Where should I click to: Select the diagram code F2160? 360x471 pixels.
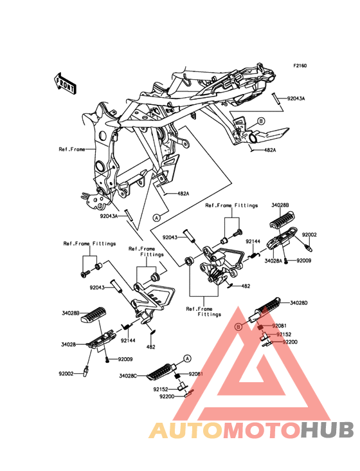[300, 66]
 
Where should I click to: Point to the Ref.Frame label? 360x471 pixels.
[72, 149]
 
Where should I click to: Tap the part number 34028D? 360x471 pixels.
[298, 303]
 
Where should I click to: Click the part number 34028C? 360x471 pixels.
[128, 376]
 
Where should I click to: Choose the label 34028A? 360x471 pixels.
[273, 261]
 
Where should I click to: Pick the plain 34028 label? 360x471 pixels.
[68, 344]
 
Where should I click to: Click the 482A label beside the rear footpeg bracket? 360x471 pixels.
[270, 150]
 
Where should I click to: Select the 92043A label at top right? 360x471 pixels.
[296, 98]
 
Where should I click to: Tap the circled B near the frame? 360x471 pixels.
[261, 121]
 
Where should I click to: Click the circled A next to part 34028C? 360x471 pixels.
[187, 358]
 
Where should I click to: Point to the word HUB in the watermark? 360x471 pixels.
[328, 430]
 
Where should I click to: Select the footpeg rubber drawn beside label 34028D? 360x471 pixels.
[266, 306]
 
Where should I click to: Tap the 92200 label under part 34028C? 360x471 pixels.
[166, 396]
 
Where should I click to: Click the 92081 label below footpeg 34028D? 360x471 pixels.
[279, 326]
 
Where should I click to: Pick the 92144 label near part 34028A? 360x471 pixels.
[253, 241]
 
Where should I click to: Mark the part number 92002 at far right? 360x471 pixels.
[309, 235]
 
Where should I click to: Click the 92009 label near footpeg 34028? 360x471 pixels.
[125, 359]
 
